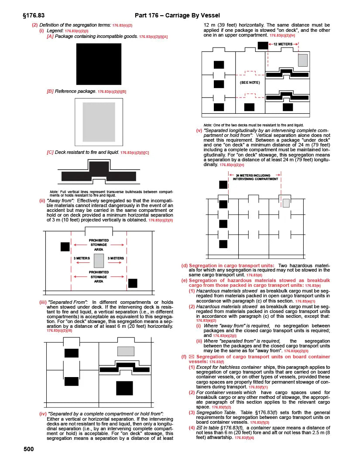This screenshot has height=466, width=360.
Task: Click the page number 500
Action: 28,449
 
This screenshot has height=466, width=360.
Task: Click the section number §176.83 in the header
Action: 33,16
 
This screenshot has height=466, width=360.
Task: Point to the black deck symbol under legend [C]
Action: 99,172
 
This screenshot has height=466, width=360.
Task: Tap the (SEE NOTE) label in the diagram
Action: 250,82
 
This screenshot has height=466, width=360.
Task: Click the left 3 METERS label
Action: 82,259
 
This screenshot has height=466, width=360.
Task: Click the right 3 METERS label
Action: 116,259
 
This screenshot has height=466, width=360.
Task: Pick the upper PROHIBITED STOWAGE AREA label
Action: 99,245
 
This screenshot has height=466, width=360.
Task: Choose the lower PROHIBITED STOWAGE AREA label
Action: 99,277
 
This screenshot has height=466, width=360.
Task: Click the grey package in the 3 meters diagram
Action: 99,261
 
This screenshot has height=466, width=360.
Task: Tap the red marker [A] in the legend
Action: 50,36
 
